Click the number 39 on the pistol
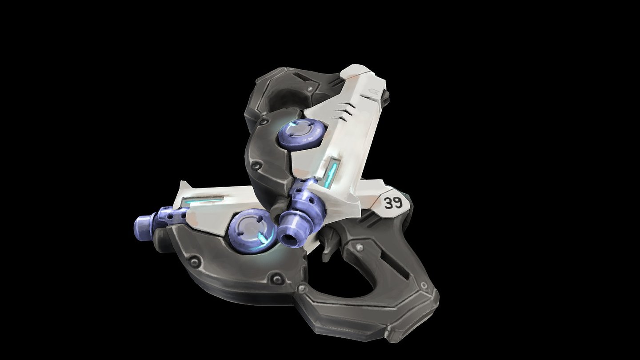tap(393, 203)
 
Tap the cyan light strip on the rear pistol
tap(332, 173)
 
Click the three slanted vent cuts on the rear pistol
tap(344, 112)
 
